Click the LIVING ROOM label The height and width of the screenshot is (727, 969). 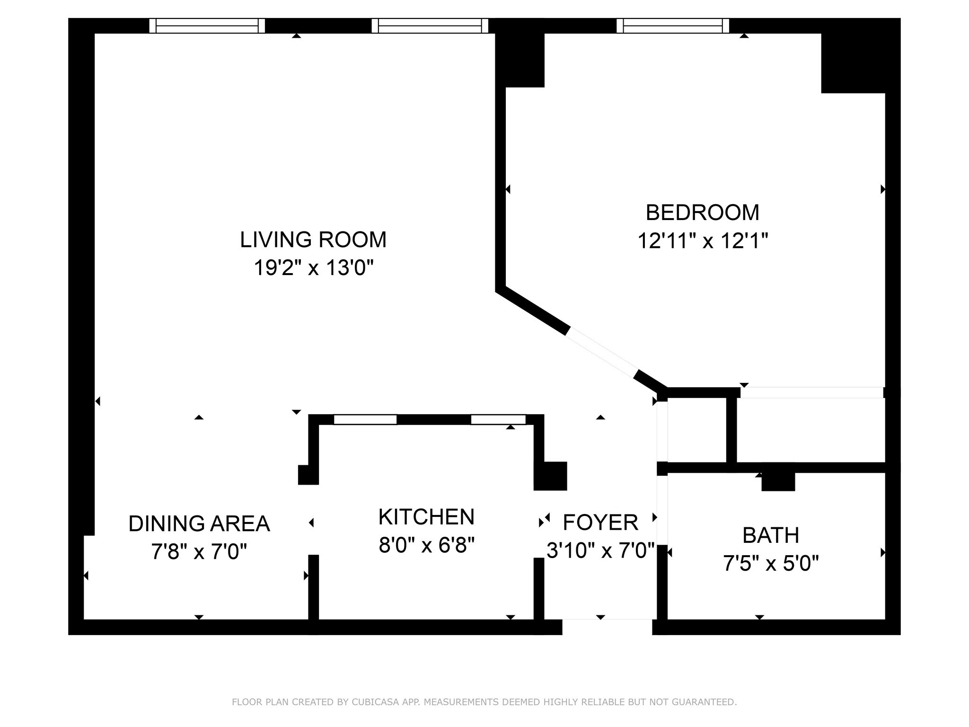coord(313,239)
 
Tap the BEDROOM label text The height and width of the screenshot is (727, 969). coord(702,213)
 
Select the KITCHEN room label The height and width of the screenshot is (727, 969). coord(426,517)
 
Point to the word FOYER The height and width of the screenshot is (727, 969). coord(600,523)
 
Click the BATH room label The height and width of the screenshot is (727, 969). coord(771,535)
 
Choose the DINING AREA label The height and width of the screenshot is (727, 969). coord(199,523)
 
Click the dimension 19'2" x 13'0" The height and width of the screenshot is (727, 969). coord(314,268)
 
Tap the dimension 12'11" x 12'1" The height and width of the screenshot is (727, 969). coord(702,241)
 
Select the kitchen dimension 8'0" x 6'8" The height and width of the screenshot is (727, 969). coord(426,545)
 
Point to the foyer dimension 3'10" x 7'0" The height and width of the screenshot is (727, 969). coord(600,550)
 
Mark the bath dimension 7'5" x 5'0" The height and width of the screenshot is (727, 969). coord(771,564)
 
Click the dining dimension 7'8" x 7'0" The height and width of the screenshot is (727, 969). coord(199,552)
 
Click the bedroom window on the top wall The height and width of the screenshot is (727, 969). coord(672,26)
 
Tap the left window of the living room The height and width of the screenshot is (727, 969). coord(207,26)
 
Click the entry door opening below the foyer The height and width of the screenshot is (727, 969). coord(607,627)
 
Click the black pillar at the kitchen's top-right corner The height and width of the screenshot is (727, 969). coord(550,476)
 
